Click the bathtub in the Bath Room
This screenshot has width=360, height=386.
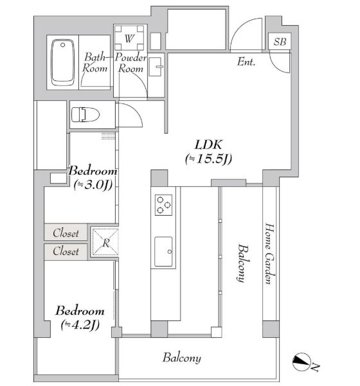[62, 62]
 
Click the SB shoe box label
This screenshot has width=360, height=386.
[280, 42]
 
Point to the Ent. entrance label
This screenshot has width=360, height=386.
[247, 62]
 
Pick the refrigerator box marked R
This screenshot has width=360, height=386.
[105, 242]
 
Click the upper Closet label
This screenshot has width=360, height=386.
[66, 232]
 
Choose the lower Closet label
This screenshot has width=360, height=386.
[66, 251]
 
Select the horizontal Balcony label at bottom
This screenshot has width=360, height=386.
[182, 358]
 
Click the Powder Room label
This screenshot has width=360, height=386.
[132, 63]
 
